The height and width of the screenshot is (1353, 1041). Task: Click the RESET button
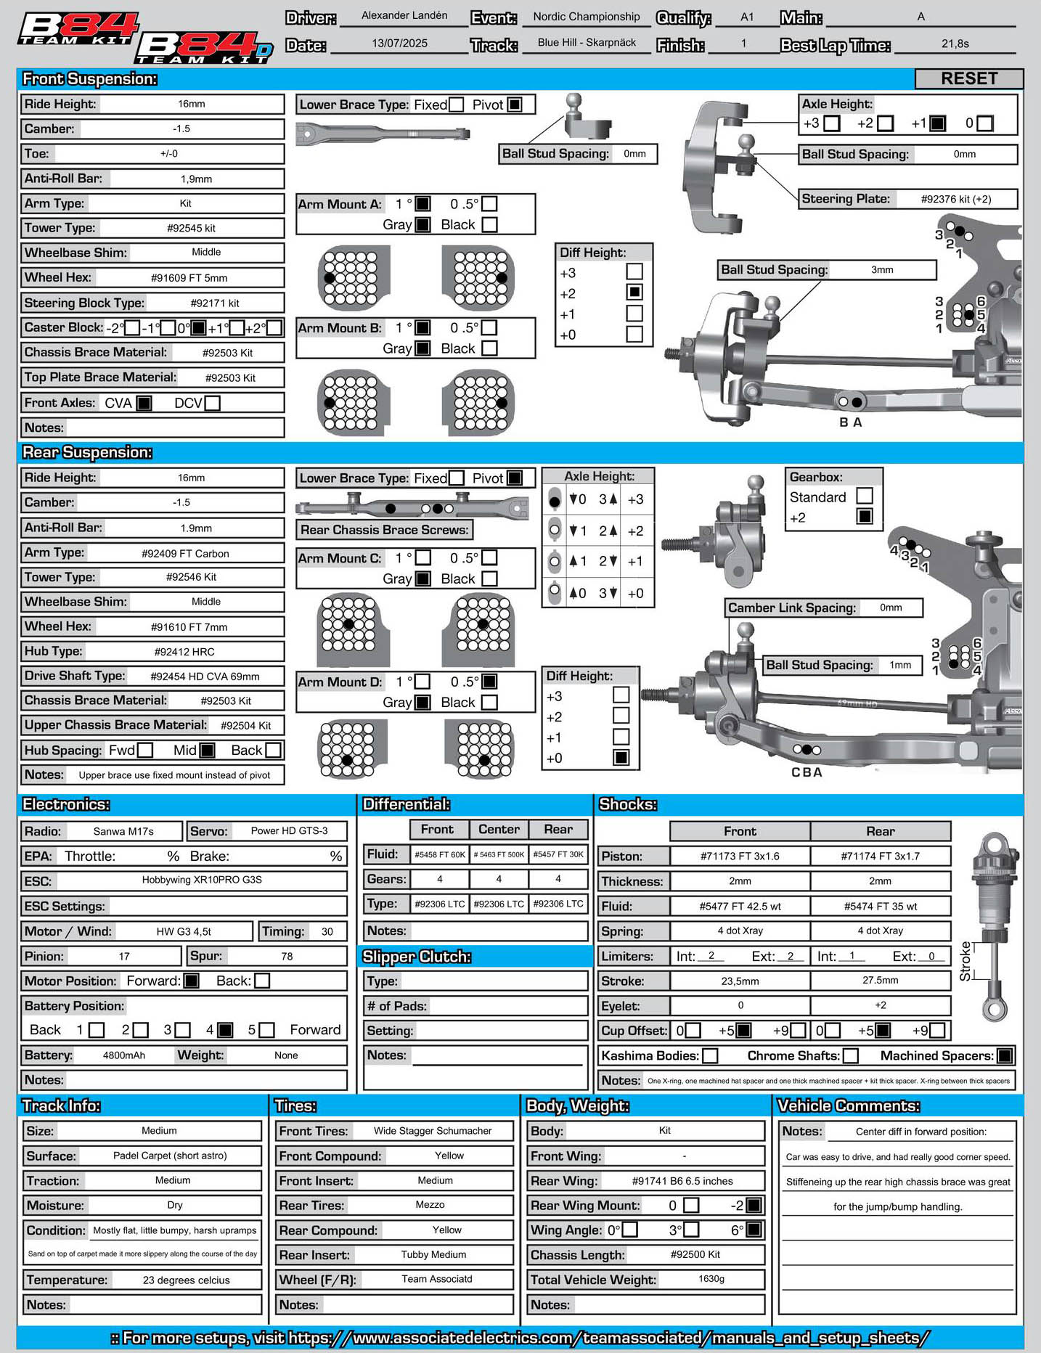(x=969, y=78)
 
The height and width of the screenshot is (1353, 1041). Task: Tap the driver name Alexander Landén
(x=404, y=15)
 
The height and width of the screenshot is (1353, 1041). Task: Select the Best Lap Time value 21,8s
(x=955, y=44)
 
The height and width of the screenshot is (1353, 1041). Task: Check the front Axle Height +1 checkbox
(x=938, y=123)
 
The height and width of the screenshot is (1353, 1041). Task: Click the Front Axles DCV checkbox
(x=212, y=403)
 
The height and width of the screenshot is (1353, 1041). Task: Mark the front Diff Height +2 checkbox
(x=634, y=293)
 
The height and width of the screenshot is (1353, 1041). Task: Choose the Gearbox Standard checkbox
(x=864, y=496)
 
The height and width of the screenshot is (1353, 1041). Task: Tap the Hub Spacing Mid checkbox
(x=207, y=750)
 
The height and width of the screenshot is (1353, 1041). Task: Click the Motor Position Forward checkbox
(x=191, y=981)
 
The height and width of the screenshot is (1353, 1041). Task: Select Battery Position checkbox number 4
(x=225, y=1030)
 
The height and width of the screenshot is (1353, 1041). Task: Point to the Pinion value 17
(x=124, y=956)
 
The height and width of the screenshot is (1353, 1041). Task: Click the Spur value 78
(x=287, y=956)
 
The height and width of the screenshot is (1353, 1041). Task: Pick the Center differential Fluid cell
(x=499, y=854)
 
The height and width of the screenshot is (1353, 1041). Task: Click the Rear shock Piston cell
(x=880, y=857)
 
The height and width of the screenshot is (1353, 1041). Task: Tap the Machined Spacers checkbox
(x=1005, y=1055)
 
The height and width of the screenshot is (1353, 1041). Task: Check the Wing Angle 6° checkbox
(x=754, y=1230)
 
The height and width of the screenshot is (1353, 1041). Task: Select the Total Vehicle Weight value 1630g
(x=711, y=1278)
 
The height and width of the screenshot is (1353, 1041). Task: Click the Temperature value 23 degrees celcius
(x=186, y=1280)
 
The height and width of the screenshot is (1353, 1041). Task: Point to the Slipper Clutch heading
(x=417, y=957)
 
